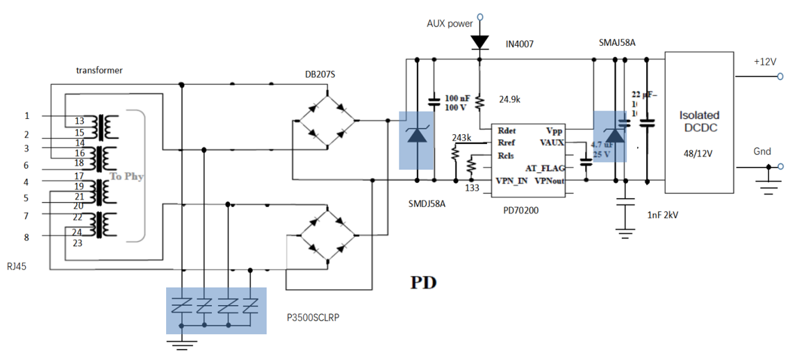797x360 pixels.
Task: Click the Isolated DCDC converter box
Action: pyautogui.click(x=699, y=122)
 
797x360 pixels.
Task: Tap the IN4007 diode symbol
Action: pyautogui.click(x=479, y=42)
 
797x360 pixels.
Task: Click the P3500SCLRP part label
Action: pyautogui.click(x=318, y=316)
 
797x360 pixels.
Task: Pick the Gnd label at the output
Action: pyautogui.click(x=762, y=152)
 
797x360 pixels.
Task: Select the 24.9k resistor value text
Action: pyautogui.click(x=509, y=99)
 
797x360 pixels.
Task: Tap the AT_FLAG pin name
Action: pyautogui.click(x=542, y=168)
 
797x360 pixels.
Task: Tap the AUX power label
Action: pyautogui.click(x=450, y=24)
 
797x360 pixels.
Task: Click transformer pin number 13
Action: pyautogui.click(x=79, y=121)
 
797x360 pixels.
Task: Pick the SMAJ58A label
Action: pyautogui.click(x=617, y=42)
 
